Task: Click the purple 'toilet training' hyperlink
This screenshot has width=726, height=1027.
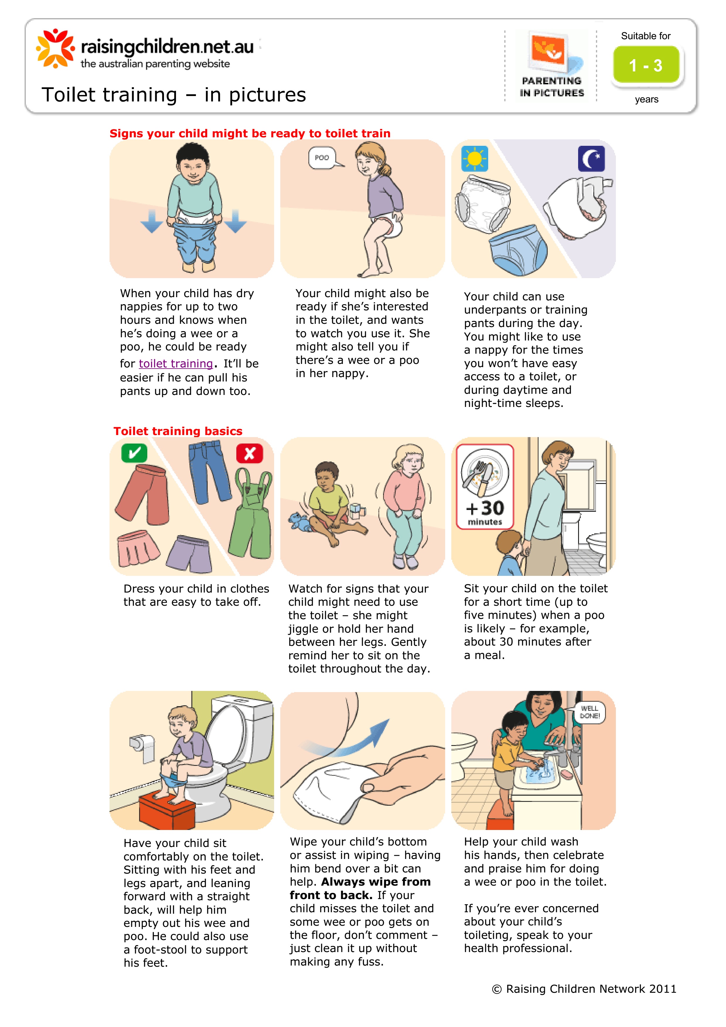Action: pyautogui.click(x=176, y=364)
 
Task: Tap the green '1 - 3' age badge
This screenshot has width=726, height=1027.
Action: pyautogui.click(x=646, y=65)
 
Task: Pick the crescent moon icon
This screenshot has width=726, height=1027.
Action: pyautogui.click(x=591, y=159)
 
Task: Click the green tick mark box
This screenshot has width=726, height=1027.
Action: pyautogui.click(x=134, y=453)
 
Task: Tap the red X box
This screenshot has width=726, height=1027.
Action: pyautogui.click(x=250, y=453)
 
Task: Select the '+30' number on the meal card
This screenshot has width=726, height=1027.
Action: pyautogui.click(x=485, y=508)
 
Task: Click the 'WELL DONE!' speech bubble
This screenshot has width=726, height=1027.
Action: pyautogui.click(x=589, y=712)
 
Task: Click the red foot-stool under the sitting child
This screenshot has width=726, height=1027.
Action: pyautogui.click(x=166, y=809)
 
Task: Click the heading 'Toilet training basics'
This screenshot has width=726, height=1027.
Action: pyautogui.click(x=178, y=431)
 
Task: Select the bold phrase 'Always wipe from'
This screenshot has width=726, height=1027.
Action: pyautogui.click(x=376, y=881)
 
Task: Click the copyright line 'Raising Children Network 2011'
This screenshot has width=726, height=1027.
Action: pyautogui.click(x=591, y=989)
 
